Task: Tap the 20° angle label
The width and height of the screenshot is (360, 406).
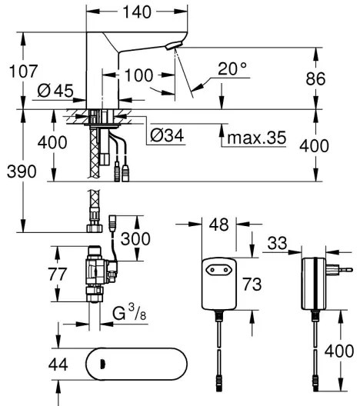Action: click(x=232, y=69)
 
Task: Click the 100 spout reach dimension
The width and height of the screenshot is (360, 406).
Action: click(x=138, y=75)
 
